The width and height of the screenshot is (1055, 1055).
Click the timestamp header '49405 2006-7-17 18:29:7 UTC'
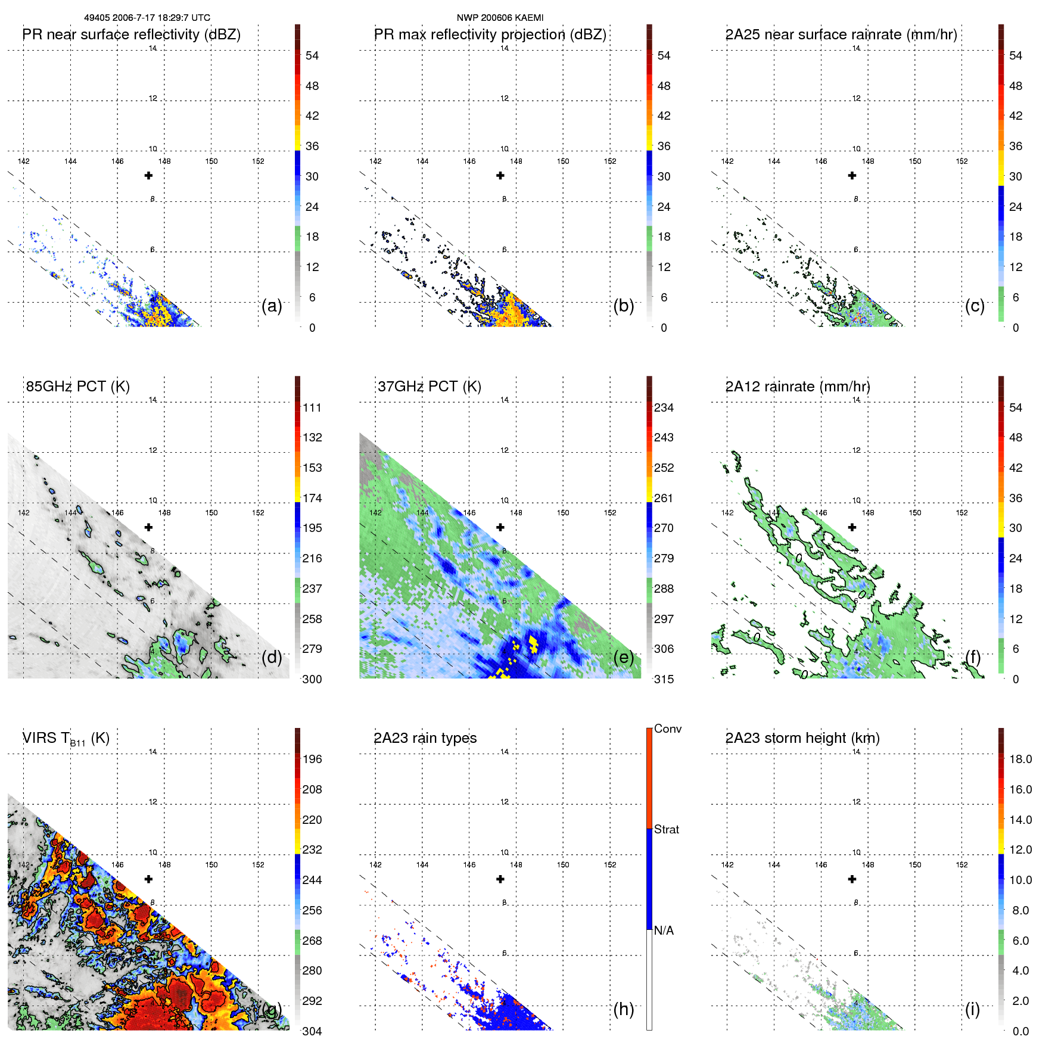[147, 18]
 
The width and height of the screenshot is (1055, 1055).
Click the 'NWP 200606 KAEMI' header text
[500, 18]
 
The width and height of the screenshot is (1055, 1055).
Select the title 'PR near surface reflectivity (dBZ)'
[131, 35]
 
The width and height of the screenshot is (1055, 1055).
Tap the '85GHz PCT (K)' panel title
[77, 387]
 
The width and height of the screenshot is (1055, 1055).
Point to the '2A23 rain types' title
[425, 738]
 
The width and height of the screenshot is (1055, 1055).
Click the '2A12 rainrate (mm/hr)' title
[797, 387]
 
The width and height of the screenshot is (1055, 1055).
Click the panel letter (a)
[272, 306]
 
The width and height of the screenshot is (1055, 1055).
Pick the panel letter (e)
[623, 657]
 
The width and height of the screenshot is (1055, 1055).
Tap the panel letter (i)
[972, 1009]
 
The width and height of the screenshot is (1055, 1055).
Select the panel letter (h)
[623, 1009]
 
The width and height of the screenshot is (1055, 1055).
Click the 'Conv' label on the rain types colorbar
[667, 729]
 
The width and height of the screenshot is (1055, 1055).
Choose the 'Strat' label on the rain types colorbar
[666, 829]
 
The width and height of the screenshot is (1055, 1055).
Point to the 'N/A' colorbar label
[664, 930]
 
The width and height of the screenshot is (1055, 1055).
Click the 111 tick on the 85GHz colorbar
[312, 407]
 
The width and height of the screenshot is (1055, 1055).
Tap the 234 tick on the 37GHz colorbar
[664, 407]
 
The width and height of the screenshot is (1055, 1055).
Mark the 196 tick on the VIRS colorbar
[312, 759]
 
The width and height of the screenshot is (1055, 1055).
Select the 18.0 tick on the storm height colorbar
[1020, 759]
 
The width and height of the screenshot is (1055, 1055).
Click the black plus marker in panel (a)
[148, 176]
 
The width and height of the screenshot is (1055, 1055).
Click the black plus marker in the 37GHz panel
[500, 527]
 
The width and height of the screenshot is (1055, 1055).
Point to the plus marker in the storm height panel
[852, 879]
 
